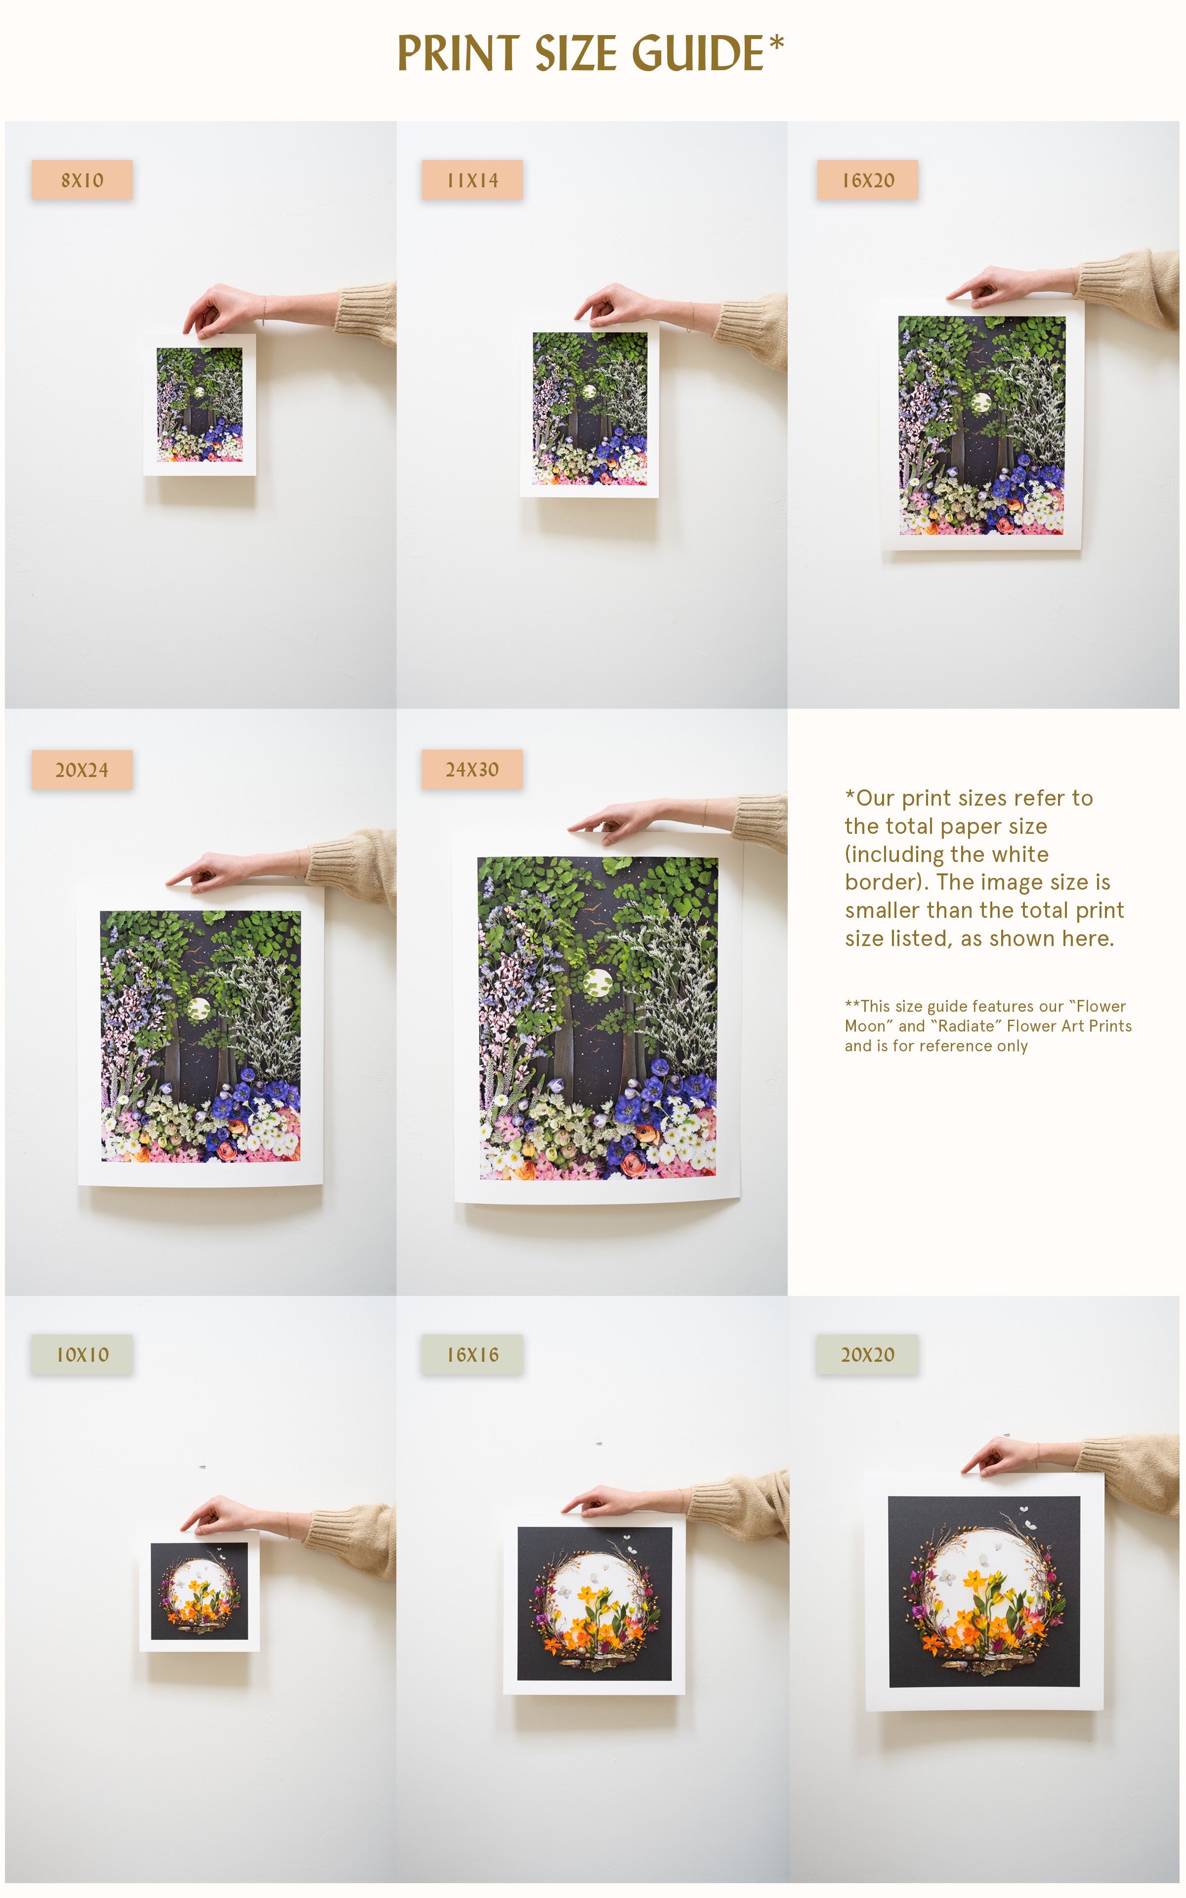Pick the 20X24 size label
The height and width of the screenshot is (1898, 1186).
coord(82,770)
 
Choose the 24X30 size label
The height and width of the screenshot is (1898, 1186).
coord(472,770)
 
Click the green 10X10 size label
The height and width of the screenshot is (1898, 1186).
coord(82,1354)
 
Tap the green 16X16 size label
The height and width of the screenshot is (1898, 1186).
coord(472,1354)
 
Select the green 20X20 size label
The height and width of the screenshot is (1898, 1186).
coord(868,1354)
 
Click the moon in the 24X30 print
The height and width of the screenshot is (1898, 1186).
coord(598,983)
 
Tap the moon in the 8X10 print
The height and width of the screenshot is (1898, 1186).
coord(199,392)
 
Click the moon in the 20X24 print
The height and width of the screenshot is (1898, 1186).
coord(199,1009)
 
